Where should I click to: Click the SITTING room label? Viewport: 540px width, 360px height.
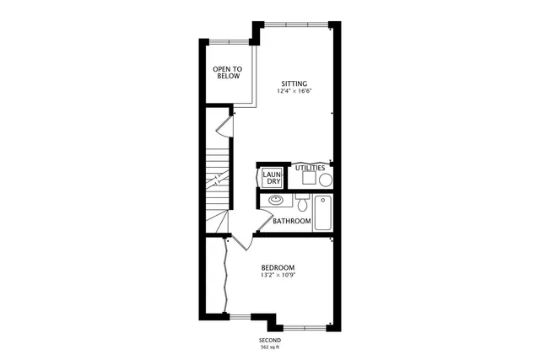[294, 83]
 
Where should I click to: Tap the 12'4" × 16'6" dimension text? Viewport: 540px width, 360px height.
[294, 92]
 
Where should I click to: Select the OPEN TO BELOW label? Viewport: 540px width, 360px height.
[226, 73]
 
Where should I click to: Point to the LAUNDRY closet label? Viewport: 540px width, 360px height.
[272, 178]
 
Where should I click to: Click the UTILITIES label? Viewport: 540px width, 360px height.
[310, 169]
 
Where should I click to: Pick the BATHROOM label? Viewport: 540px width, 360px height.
[292, 222]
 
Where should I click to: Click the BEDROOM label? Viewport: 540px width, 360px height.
[278, 267]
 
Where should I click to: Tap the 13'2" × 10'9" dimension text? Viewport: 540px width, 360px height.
[278, 276]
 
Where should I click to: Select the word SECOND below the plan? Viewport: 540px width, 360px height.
[270, 339]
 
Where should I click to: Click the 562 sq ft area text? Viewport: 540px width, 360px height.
[270, 347]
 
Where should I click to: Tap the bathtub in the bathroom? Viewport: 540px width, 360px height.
[323, 212]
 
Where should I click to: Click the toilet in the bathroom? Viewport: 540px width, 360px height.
[302, 203]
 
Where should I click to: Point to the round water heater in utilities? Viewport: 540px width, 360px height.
[325, 180]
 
